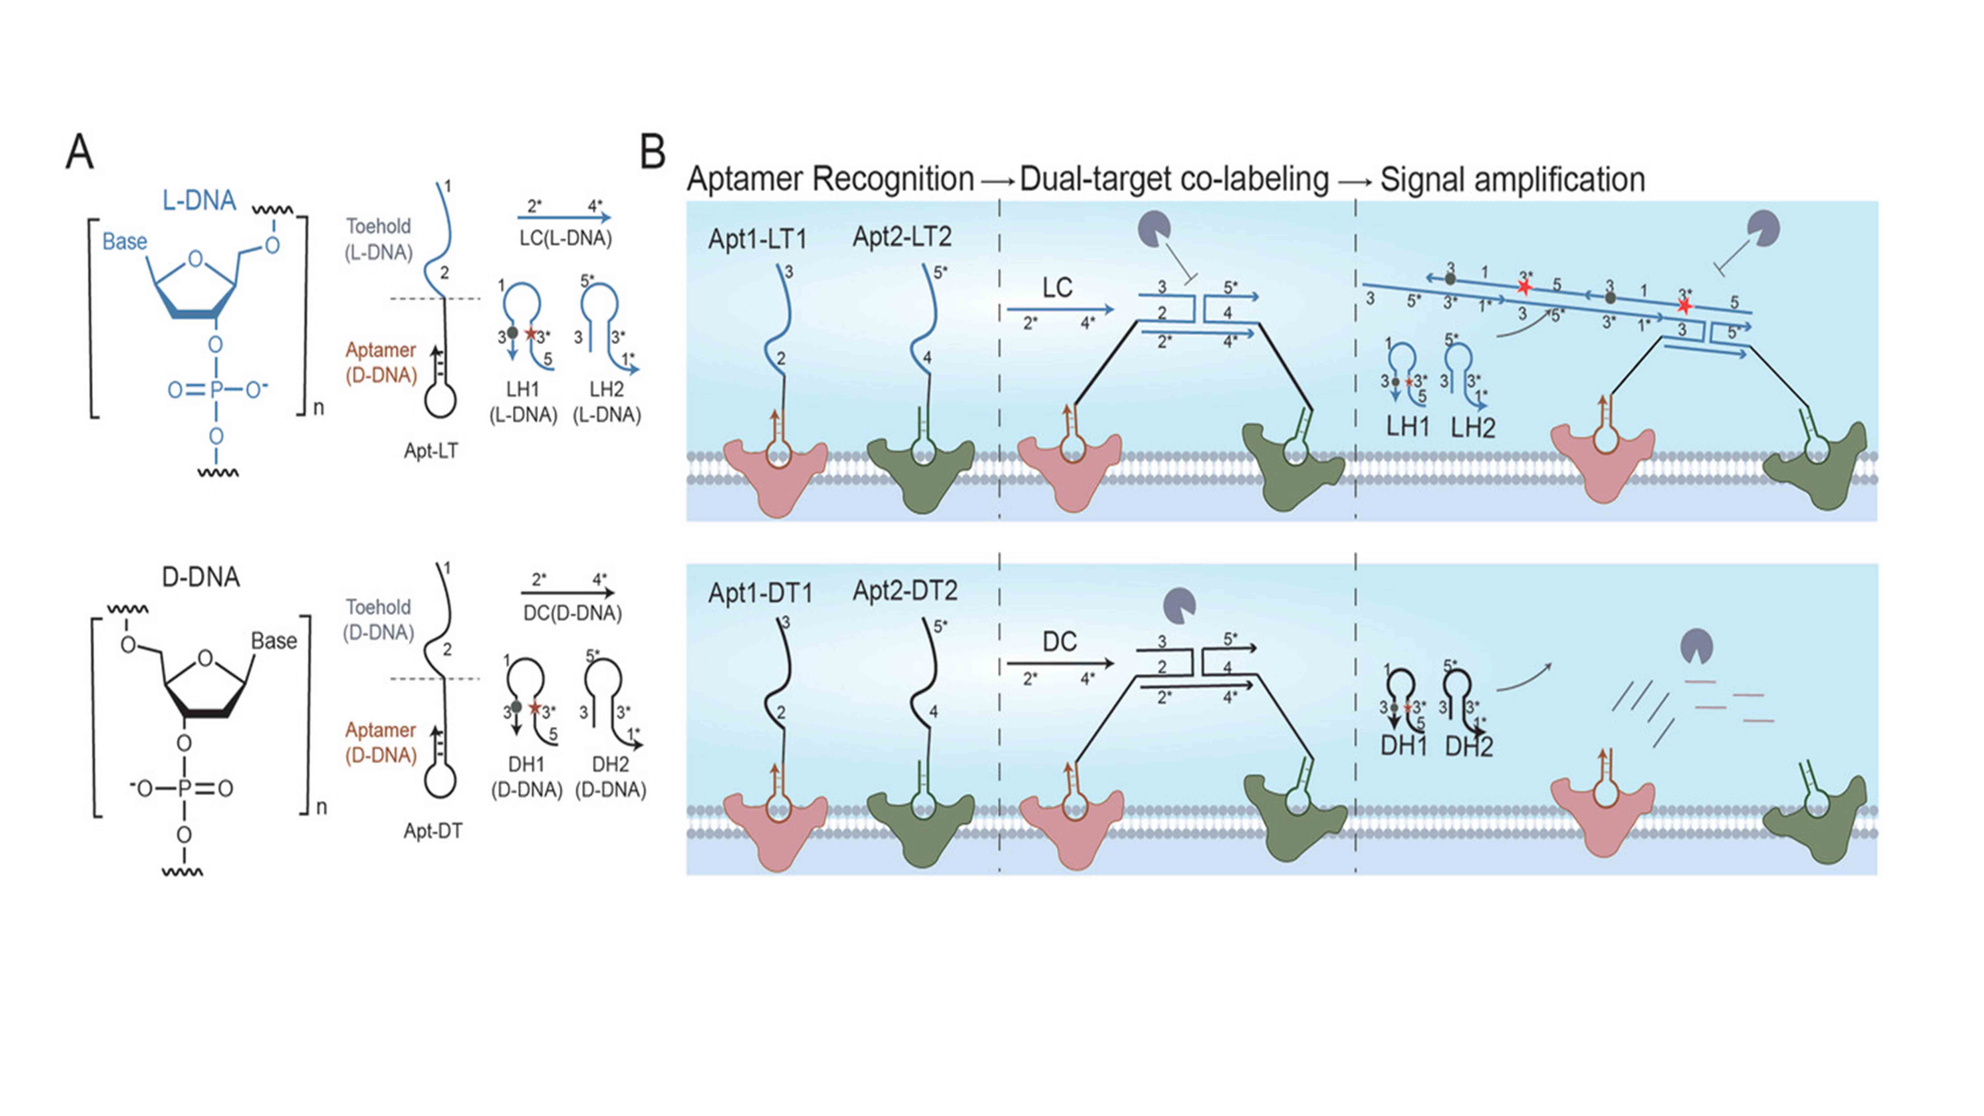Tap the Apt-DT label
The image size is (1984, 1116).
point(433,831)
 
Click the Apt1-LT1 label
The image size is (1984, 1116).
point(758,240)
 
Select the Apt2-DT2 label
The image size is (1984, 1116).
point(905,591)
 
